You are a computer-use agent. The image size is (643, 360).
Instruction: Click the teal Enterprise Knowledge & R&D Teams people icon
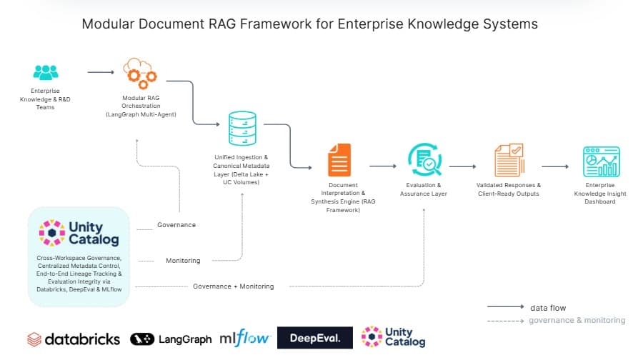point(45,72)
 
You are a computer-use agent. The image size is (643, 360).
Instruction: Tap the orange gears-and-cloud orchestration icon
point(140,73)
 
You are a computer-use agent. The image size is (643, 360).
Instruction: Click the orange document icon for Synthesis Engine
point(339,159)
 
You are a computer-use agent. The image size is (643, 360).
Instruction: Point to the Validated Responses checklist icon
point(509,161)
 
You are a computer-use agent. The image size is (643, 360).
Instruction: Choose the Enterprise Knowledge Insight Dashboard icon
point(601,161)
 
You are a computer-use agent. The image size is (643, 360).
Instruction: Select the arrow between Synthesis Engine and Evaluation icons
point(383,166)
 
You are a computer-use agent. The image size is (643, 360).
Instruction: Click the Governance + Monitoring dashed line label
point(233,286)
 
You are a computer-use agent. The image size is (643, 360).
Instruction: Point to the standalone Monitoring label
point(183,261)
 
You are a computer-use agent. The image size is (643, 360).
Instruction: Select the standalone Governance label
point(176,225)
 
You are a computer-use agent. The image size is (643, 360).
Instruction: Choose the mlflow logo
point(245,339)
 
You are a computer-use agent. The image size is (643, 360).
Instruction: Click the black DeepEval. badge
point(315,338)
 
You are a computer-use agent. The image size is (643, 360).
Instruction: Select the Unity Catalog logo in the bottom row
point(393,336)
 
